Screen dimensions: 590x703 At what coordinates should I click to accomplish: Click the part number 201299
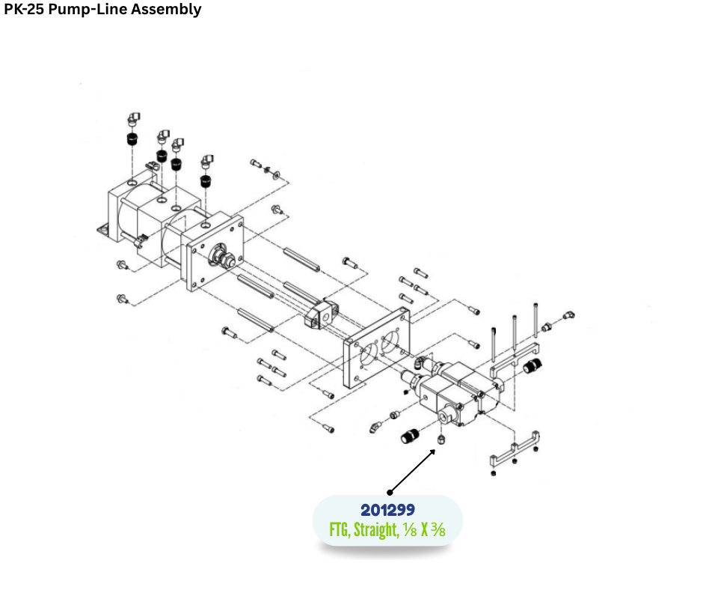(387, 510)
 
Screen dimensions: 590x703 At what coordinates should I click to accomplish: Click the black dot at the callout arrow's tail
(390, 492)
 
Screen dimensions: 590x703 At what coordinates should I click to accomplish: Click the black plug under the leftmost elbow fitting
(132, 139)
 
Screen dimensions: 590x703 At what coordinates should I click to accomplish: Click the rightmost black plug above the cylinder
(204, 180)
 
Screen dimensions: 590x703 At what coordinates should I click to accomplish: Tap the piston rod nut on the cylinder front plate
(224, 258)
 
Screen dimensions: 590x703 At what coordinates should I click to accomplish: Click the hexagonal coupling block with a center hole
(323, 312)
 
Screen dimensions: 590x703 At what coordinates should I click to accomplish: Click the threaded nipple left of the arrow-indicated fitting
(411, 435)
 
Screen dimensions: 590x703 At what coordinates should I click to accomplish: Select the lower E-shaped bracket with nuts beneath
(516, 453)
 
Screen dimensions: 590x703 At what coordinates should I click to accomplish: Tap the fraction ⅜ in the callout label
(438, 529)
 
